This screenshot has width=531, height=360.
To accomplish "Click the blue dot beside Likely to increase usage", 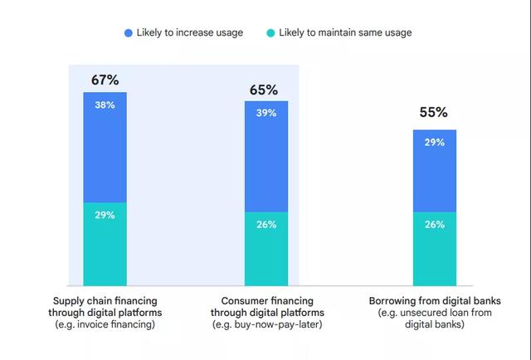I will [129, 32].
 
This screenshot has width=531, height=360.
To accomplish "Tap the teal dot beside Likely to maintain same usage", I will [270, 32].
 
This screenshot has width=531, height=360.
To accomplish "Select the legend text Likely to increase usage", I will [189, 32].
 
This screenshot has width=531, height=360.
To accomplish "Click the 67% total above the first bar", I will [105, 80].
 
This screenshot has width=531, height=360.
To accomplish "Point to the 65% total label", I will [265, 90].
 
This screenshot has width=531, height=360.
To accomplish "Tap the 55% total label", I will [434, 112].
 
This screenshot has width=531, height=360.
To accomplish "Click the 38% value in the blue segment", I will [105, 105].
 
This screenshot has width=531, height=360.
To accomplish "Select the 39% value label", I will [265, 114].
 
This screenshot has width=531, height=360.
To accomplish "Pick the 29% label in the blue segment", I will [434, 143].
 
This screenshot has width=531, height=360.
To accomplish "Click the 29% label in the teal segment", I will [105, 215].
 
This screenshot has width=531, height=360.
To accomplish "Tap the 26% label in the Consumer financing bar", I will [265, 224].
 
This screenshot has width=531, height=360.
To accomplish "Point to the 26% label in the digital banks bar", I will [434, 224].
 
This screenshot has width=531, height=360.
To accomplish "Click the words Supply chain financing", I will [105, 300].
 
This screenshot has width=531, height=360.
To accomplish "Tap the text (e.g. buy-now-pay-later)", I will [265, 325].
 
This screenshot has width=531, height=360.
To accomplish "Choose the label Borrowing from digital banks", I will [435, 300].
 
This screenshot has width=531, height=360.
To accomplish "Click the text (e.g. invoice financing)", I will [105, 325].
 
